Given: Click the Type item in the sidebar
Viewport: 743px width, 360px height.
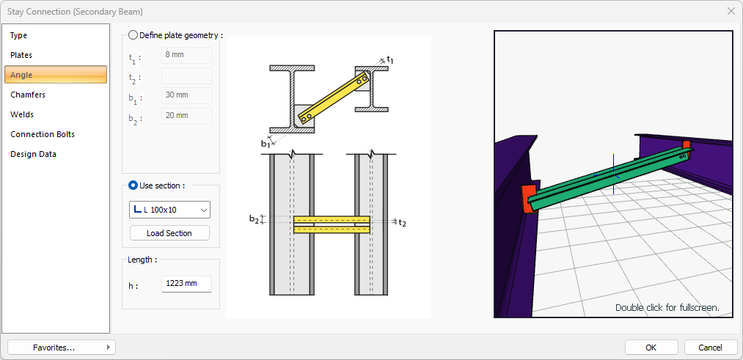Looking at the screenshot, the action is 19,35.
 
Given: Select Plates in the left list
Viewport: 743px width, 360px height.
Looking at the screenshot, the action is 21,56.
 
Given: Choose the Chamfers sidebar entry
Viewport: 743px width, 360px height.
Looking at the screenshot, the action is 28,95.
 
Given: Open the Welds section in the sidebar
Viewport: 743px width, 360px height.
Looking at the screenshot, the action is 22,114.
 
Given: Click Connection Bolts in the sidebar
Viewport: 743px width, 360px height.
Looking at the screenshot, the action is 43,134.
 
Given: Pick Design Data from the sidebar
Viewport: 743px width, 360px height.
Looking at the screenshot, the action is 33,155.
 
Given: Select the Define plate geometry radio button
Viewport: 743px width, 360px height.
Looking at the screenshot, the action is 133,35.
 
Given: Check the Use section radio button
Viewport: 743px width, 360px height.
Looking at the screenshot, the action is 133,185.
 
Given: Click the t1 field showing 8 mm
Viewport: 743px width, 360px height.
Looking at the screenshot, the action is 187,55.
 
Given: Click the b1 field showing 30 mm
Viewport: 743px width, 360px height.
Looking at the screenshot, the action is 187,96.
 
